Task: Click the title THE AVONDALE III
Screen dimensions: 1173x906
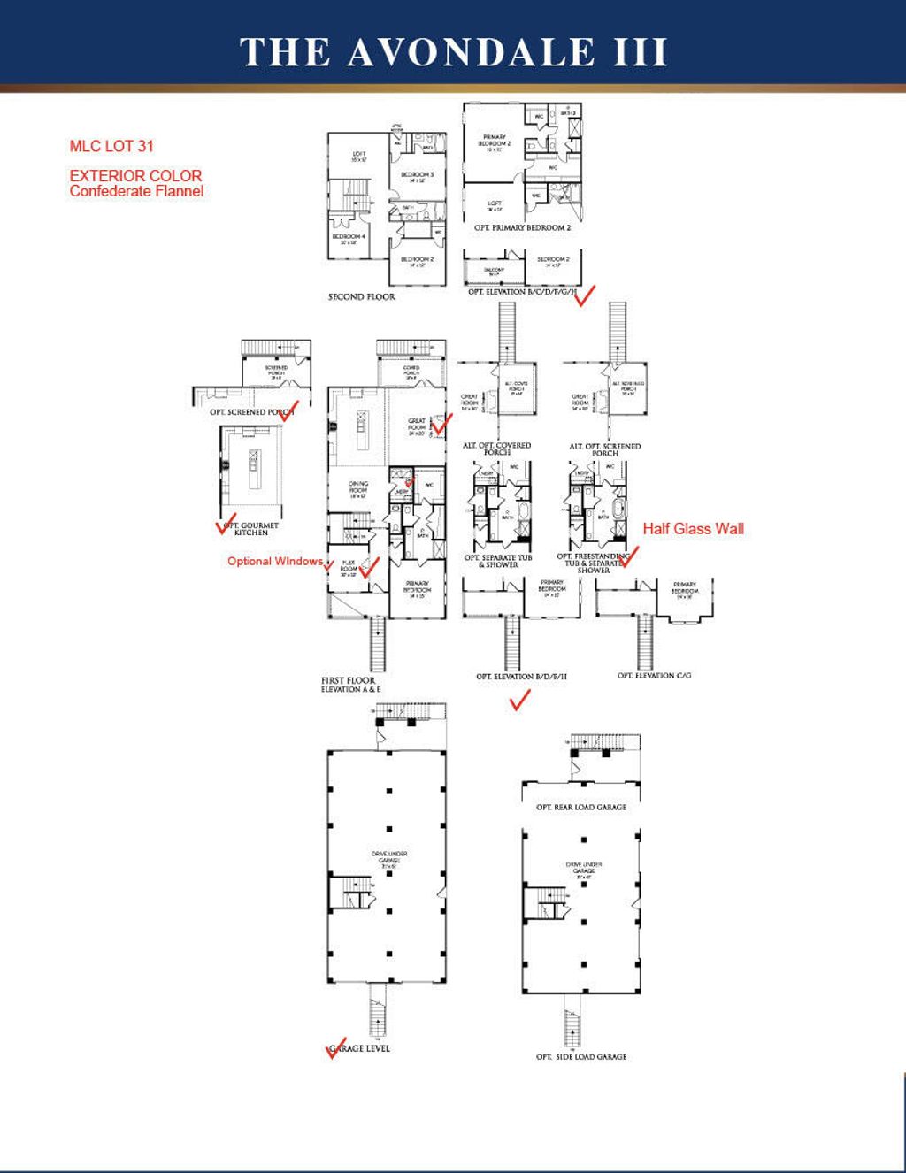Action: (x=453, y=51)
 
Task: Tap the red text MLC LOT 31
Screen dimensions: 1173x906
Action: (x=111, y=146)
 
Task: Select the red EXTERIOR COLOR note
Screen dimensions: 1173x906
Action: (x=135, y=175)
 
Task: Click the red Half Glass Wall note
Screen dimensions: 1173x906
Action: (x=693, y=529)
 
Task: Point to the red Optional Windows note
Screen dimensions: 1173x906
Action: (x=274, y=561)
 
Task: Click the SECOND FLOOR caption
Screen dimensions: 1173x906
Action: (x=361, y=297)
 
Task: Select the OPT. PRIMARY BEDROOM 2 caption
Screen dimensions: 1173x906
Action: (x=522, y=228)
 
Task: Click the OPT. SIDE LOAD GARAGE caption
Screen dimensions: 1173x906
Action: (x=580, y=1057)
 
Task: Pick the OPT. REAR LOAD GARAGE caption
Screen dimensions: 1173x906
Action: (x=580, y=808)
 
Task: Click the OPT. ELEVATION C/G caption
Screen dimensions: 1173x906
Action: (x=654, y=676)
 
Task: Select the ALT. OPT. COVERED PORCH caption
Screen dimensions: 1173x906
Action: (x=497, y=449)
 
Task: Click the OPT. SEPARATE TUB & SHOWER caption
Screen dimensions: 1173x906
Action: (x=498, y=562)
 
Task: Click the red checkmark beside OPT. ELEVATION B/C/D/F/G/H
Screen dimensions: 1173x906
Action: (x=585, y=295)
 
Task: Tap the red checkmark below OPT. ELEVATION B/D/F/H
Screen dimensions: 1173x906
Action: (x=519, y=701)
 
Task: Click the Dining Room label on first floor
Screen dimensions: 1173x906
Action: (x=358, y=487)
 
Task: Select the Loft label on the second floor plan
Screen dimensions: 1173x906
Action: (x=358, y=157)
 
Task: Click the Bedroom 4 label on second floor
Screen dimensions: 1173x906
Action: (x=349, y=239)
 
